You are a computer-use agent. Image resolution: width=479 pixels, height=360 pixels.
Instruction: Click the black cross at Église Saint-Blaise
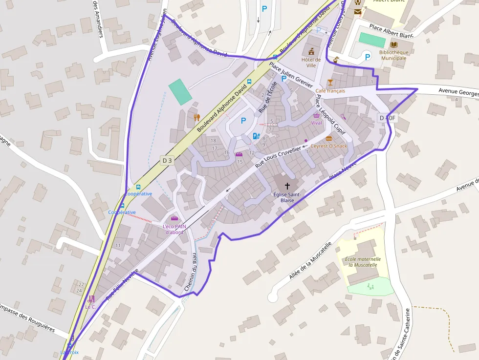coord(287,186)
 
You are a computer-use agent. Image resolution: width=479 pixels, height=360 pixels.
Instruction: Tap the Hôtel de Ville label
coord(311,63)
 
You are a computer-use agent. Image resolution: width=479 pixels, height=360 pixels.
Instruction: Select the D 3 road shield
coord(167,160)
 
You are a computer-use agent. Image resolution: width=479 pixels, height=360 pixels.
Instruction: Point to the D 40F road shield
coord(386,118)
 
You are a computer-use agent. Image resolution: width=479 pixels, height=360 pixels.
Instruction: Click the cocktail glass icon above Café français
coord(330,82)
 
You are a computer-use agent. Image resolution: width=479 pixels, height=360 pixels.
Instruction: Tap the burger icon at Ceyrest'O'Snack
coord(329,138)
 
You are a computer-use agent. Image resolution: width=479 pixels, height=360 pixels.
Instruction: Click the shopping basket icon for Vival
coord(317,116)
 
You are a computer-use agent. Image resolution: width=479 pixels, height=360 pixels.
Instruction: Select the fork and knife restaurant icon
coord(196,117)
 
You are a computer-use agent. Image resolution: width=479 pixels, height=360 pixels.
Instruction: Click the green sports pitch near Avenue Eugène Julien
coord(180,92)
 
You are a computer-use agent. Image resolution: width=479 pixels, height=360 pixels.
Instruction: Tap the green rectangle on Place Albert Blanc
coord(372,40)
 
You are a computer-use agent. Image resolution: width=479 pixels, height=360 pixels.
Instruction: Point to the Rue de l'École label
coord(268,96)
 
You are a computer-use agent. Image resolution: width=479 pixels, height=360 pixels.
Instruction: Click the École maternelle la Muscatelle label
coord(362,262)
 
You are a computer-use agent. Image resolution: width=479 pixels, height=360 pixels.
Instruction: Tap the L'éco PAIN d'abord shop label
coord(174,229)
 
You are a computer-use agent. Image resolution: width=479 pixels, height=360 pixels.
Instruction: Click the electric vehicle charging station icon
coord(256,136)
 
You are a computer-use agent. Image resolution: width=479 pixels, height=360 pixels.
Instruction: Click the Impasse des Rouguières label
coord(27,318)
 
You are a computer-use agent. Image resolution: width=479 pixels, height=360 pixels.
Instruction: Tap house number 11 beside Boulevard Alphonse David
coord(118,245)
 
